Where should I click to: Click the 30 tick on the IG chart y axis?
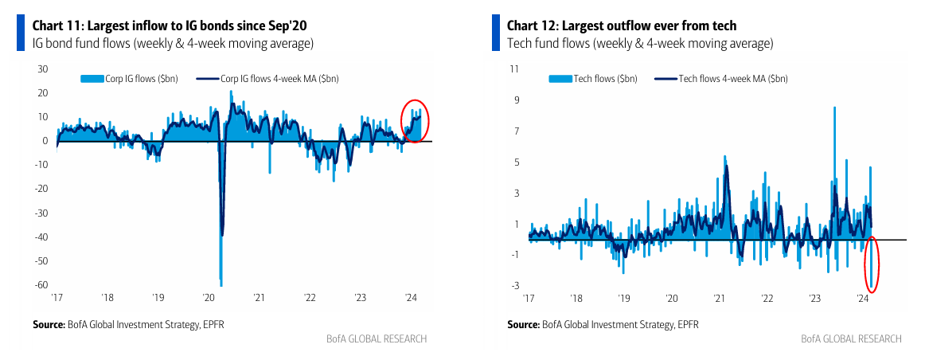pos(44,69)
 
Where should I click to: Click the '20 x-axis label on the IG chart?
pos(209,298)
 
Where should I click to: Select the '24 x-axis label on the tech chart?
pos(862,298)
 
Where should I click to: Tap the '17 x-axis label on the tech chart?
pos(529,298)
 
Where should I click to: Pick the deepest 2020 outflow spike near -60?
pos(221,283)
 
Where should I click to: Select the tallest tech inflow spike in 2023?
pos(834,108)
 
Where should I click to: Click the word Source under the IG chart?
pos(48,324)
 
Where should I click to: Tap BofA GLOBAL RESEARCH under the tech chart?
pos(851,338)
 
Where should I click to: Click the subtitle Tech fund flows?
pos(640,43)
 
